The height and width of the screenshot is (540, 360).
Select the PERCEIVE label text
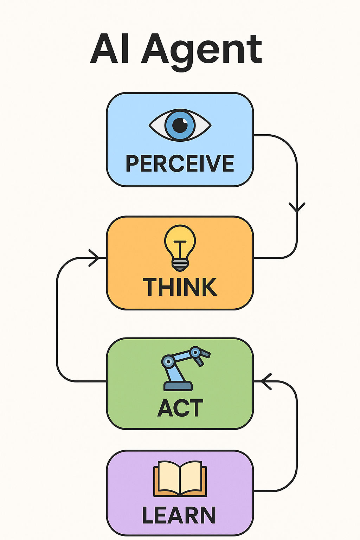[180, 163]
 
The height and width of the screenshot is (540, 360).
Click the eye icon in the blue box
[180, 125]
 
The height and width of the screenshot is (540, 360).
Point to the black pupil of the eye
[180, 125]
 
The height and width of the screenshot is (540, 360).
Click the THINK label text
[180, 287]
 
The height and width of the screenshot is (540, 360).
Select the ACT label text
[180, 408]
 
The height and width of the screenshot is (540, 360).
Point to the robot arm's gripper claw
[202, 357]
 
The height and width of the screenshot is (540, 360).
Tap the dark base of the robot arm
[178, 386]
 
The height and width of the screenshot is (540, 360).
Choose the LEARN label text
[179, 515]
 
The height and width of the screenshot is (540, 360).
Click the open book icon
[180, 478]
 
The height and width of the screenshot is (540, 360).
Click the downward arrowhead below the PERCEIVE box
[297, 207]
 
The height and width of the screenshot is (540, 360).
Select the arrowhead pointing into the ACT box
[266, 381]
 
